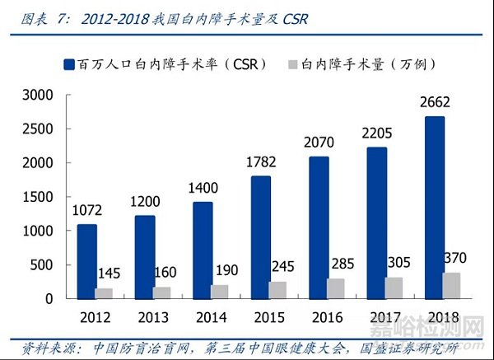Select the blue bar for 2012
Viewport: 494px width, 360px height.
pos(88,261)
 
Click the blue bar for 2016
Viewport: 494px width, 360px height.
pos(319,227)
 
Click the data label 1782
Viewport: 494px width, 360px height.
pos(261,162)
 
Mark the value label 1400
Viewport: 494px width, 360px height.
pos(203,189)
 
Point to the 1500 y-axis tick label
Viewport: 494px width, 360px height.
pos(37,197)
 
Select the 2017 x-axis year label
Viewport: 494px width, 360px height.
pos(376,317)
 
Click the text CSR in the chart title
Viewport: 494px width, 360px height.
pos(291,18)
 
